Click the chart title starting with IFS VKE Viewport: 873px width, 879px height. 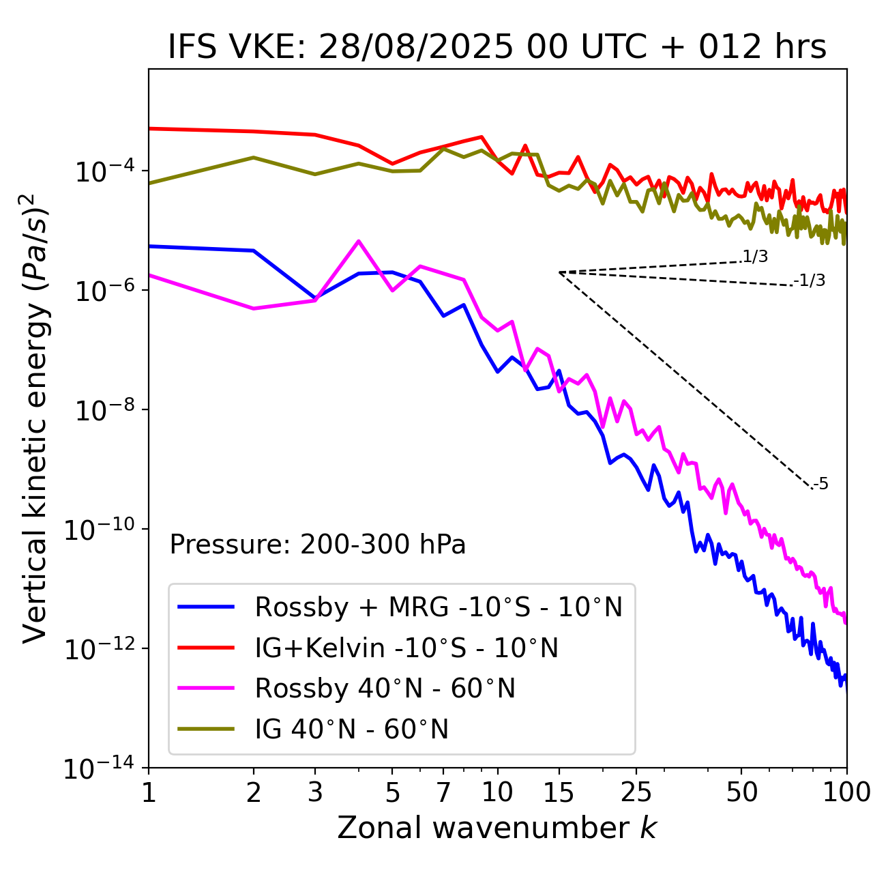tap(497, 47)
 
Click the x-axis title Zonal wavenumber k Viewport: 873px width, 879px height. tap(497, 827)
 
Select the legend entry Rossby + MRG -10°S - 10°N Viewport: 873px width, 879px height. tap(438, 607)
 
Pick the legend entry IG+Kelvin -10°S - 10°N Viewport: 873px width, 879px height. tap(406, 648)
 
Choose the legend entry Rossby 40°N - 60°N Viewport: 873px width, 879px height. tap(385, 689)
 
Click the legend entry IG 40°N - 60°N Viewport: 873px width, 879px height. tap(351, 730)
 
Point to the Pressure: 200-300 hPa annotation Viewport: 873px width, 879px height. tap(318, 545)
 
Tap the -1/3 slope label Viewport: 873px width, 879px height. tap(810, 280)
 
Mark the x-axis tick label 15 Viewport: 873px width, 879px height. tap(559, 792)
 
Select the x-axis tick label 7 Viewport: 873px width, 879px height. tap(443, 792)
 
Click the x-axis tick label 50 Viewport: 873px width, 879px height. tap(741, 792)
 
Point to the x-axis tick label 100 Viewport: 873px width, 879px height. tap(846, 792)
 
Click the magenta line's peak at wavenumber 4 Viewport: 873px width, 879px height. tap(359, 241)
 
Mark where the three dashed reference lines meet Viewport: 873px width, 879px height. tap(559, 272)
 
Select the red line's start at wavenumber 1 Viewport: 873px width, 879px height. tap(149, 128)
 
